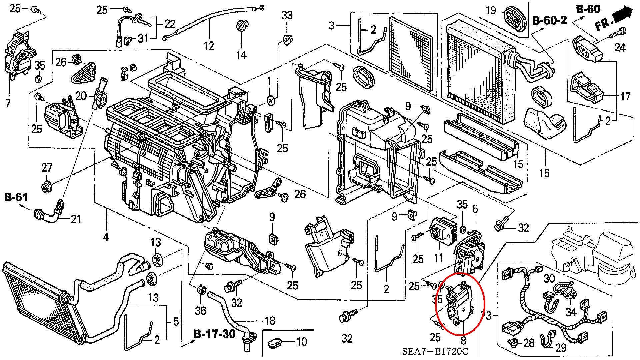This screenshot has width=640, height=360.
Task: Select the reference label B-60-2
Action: (549, 21)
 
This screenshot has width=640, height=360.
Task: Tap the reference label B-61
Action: (16, 197)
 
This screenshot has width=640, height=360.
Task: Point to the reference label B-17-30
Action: (215, 334)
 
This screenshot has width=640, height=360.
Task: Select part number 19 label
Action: (491, 10)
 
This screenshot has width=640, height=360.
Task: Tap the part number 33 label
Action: (287, 15)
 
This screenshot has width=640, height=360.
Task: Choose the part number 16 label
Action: (544, 173)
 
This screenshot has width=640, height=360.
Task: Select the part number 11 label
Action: (438, 257)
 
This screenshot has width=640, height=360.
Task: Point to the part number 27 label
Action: (47, 167)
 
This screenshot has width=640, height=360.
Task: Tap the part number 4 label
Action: (106, 237)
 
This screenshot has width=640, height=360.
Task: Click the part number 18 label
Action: (270, 321)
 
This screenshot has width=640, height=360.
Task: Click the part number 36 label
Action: (200, 310)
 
